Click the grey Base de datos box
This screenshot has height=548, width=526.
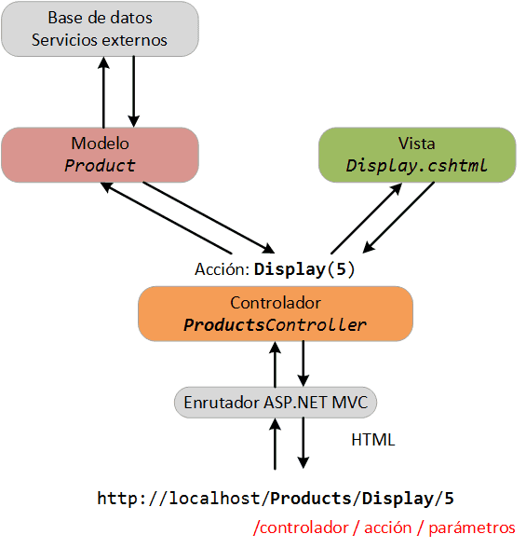click(101, 29)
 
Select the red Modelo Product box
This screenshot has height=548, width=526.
click(101, 155)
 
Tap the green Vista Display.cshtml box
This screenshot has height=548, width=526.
click(417, 155)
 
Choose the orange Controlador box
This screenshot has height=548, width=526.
click(276, 314)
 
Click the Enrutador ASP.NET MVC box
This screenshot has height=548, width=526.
click(276, 403)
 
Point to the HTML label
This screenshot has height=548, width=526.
click(373, 440)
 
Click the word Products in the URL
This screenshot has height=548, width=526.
click(311, 499)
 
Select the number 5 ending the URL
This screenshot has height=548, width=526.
click(450, 499)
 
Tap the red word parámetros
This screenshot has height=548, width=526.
click(472, 528)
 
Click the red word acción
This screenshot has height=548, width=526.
click(388, 527)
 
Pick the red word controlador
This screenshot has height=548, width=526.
click(304, 527)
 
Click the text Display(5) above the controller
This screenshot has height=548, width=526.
click(304, 270)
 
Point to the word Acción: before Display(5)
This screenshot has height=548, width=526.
click(222, 269)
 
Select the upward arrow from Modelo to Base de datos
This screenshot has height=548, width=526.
click(103, 92)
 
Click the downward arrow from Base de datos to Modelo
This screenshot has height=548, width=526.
click(134, 91)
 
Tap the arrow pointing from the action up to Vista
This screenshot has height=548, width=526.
click(366, 218)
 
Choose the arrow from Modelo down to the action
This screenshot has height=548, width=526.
click(209, 217)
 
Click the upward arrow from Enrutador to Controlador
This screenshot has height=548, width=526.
click(276, 364)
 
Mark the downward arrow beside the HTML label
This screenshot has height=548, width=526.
click(303, 443)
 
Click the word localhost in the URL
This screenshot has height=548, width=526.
click(214, 499)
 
